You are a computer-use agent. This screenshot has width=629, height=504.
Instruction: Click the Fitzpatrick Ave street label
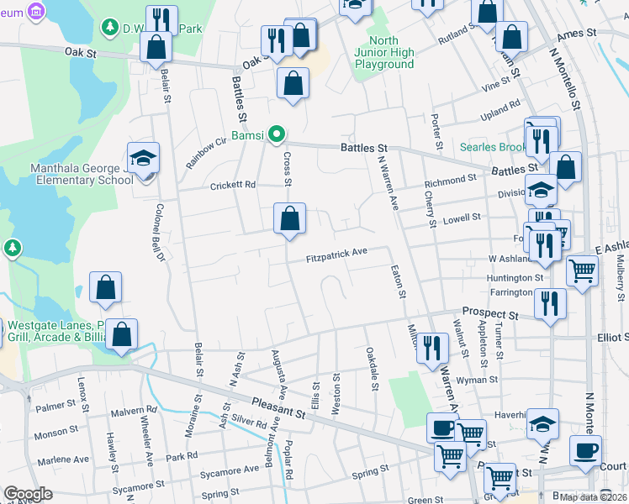[x=336, y=252]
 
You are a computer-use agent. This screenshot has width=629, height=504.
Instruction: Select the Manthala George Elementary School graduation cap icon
[x=143, y=157]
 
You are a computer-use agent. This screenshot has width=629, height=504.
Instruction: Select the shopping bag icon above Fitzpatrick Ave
[x=289, y=220]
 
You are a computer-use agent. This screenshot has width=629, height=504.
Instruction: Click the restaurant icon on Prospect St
[x=550, y=304]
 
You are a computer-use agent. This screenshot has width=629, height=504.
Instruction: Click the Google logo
[x=29, y=494]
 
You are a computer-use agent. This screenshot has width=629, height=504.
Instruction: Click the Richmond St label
[x=451, y=181]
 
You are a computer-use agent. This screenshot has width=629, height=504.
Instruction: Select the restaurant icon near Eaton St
[x=432, y=348]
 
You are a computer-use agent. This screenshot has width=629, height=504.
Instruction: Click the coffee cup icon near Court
[x=585, y=450]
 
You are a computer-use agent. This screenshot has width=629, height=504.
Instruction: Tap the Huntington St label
[x=514, y=277]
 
